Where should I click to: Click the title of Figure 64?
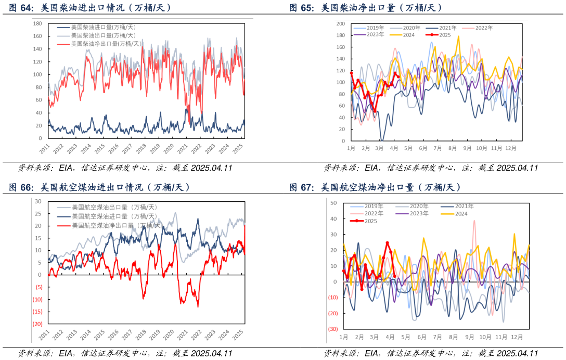pyautogui.click(x=91, y=8)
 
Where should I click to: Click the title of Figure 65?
pyautogui.click(x=366, y=8)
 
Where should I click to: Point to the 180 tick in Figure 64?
pyautogui.click(x=37, y=24)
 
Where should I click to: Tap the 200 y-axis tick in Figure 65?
pyautogui.click(x=341, y=24)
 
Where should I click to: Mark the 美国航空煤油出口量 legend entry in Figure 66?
pyautogui.click(x=114, y=207)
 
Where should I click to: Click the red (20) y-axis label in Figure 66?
pyautogui.click(x=37, y=324)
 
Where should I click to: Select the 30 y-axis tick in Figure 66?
pyautogui.click(x=38, y=201)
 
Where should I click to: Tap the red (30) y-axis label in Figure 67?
pyautogui.click(x=333, y=329)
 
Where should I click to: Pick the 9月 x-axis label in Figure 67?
pyautogui.click(x=469, y=337)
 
